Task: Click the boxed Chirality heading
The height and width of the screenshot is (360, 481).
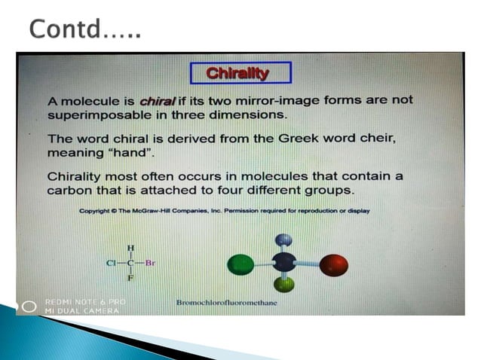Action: pos(237,73)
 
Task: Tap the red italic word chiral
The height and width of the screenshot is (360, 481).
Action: pos(157,102)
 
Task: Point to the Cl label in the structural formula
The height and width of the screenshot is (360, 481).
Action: pos(111,264)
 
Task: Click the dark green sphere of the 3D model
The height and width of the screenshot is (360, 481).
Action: pos(241,265)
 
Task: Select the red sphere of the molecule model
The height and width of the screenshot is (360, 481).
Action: pos(333,265)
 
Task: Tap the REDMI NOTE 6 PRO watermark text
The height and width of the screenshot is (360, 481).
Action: pos(85,302)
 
